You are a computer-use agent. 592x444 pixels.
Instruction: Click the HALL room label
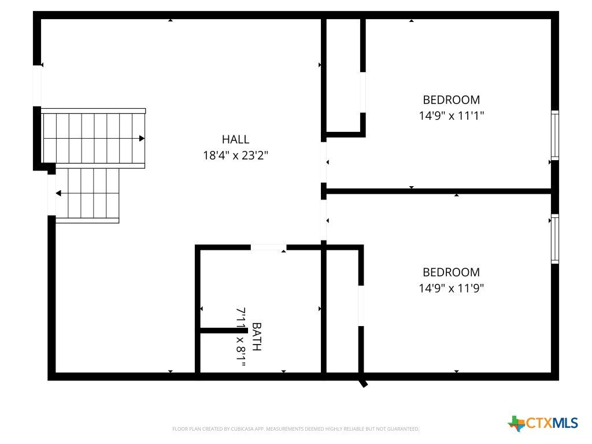[235, 139]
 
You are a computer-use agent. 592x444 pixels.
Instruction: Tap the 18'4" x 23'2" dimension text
[235, 155]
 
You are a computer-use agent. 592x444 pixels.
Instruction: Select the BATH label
[256, 336]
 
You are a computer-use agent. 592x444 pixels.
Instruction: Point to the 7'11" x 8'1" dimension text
[241, 337]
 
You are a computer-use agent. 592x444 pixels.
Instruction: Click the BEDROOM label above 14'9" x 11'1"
[451, 99]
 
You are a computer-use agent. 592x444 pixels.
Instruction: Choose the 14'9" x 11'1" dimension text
[451, 116]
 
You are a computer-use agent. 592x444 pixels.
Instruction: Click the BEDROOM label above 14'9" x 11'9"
[451, 272]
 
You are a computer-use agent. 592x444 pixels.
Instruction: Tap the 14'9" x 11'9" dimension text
[451, 288]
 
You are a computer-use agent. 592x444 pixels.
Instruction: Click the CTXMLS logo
[543, 423]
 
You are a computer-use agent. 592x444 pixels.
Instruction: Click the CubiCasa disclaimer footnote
[295, 429]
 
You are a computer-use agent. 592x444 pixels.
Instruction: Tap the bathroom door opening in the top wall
[268, 247]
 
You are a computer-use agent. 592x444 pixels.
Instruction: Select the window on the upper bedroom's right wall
[554, 135]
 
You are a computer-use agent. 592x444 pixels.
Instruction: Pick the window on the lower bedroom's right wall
[554, 239]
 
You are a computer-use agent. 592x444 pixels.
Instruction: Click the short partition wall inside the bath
[224, 331]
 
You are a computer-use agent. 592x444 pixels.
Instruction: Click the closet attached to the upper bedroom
[343, 76]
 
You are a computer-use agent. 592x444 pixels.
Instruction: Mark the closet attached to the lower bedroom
[342, 310]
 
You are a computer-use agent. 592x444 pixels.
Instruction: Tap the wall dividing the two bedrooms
[438, 191]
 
